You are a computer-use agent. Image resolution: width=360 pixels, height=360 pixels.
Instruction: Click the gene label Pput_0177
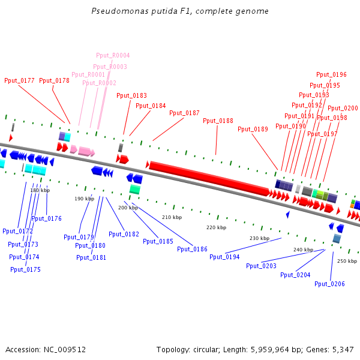19,80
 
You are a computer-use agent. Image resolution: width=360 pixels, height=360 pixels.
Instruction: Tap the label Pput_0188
218,121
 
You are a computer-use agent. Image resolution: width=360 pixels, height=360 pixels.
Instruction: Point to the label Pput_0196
331,74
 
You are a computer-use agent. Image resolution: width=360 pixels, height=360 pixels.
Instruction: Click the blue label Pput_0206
329,284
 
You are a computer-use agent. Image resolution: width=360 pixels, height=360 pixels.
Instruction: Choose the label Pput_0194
224,257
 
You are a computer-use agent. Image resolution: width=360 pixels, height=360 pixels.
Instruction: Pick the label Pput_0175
25,269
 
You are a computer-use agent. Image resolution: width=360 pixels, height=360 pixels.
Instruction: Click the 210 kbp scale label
172,217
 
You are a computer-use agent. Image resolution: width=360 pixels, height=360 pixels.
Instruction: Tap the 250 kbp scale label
347,261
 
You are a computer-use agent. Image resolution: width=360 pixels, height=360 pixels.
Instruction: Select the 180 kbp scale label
40,190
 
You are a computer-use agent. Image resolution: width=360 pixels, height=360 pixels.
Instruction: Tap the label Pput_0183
131,95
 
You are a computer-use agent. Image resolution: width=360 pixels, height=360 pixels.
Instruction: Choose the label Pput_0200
343,109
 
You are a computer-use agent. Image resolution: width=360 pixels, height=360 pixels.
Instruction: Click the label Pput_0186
192,248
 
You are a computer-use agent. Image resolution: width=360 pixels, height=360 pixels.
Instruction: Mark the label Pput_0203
261,266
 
